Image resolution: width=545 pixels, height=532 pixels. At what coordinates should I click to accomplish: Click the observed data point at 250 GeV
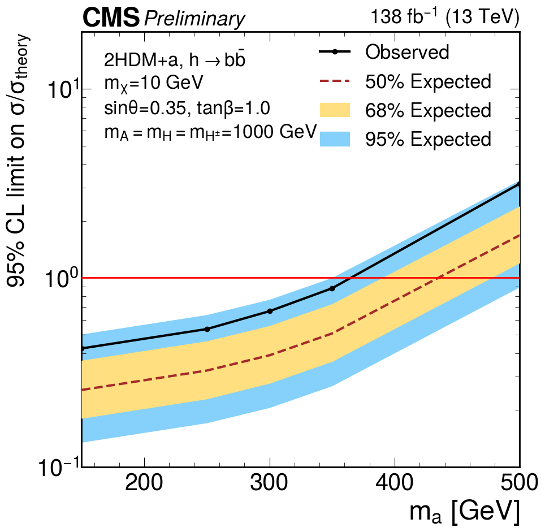207,329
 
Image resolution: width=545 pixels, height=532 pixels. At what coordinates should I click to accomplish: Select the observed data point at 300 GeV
270,311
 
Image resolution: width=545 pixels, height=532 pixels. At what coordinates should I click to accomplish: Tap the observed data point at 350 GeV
332,288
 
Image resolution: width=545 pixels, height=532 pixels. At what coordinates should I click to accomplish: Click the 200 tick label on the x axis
144,484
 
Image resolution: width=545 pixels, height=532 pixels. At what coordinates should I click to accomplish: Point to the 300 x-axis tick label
270,484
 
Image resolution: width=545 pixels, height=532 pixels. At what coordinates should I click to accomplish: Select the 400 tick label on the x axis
395,484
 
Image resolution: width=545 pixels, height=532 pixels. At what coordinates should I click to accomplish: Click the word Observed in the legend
407,52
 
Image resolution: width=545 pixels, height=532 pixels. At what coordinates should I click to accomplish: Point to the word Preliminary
195,19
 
